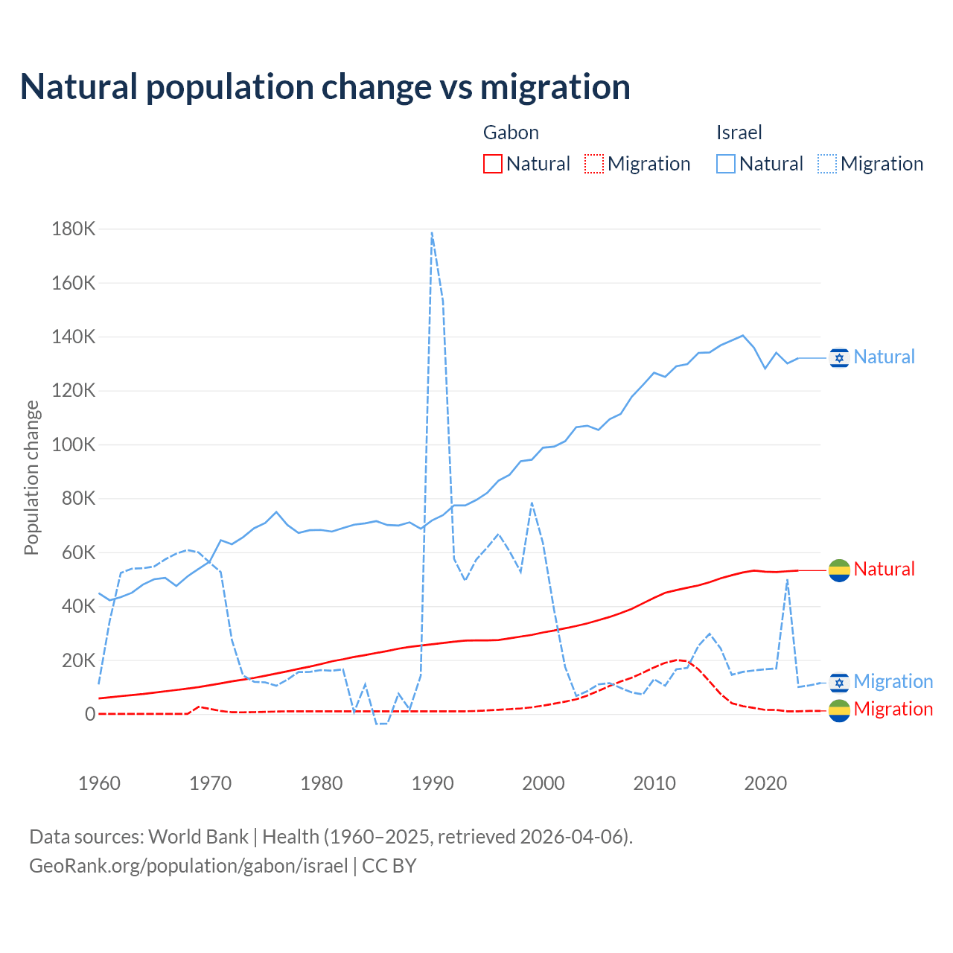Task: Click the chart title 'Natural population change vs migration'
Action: (325, 87)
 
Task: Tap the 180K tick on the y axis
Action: (74, 229)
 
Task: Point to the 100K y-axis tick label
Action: (74, 445)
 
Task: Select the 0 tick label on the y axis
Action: (90, 715)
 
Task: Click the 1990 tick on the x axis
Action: (433, 783)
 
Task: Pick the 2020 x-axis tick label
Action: (765, 783)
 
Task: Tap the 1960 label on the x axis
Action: (99, 783)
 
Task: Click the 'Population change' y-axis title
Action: (31, 478)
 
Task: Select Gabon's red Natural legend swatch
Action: (493, 164)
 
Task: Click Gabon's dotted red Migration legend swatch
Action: (594, 164)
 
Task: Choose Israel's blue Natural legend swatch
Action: (726, 164)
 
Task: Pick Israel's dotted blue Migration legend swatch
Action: (827, 164)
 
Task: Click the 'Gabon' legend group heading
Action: (511, 133)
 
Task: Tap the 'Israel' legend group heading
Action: (739, 133)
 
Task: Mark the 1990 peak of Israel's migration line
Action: (432, 233)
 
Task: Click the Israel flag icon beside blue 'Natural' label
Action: (839, 358)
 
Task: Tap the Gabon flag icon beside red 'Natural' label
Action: (839, 570)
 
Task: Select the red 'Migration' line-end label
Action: (893, 709)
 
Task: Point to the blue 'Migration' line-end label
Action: (893, 681)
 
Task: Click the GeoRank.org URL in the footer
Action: (188, 866)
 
